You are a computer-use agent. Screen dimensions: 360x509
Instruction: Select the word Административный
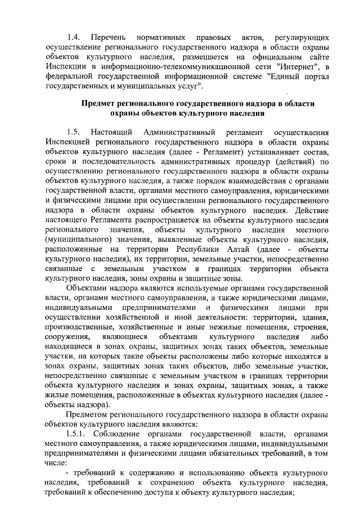pyautogui.click(x=176, y=133)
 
